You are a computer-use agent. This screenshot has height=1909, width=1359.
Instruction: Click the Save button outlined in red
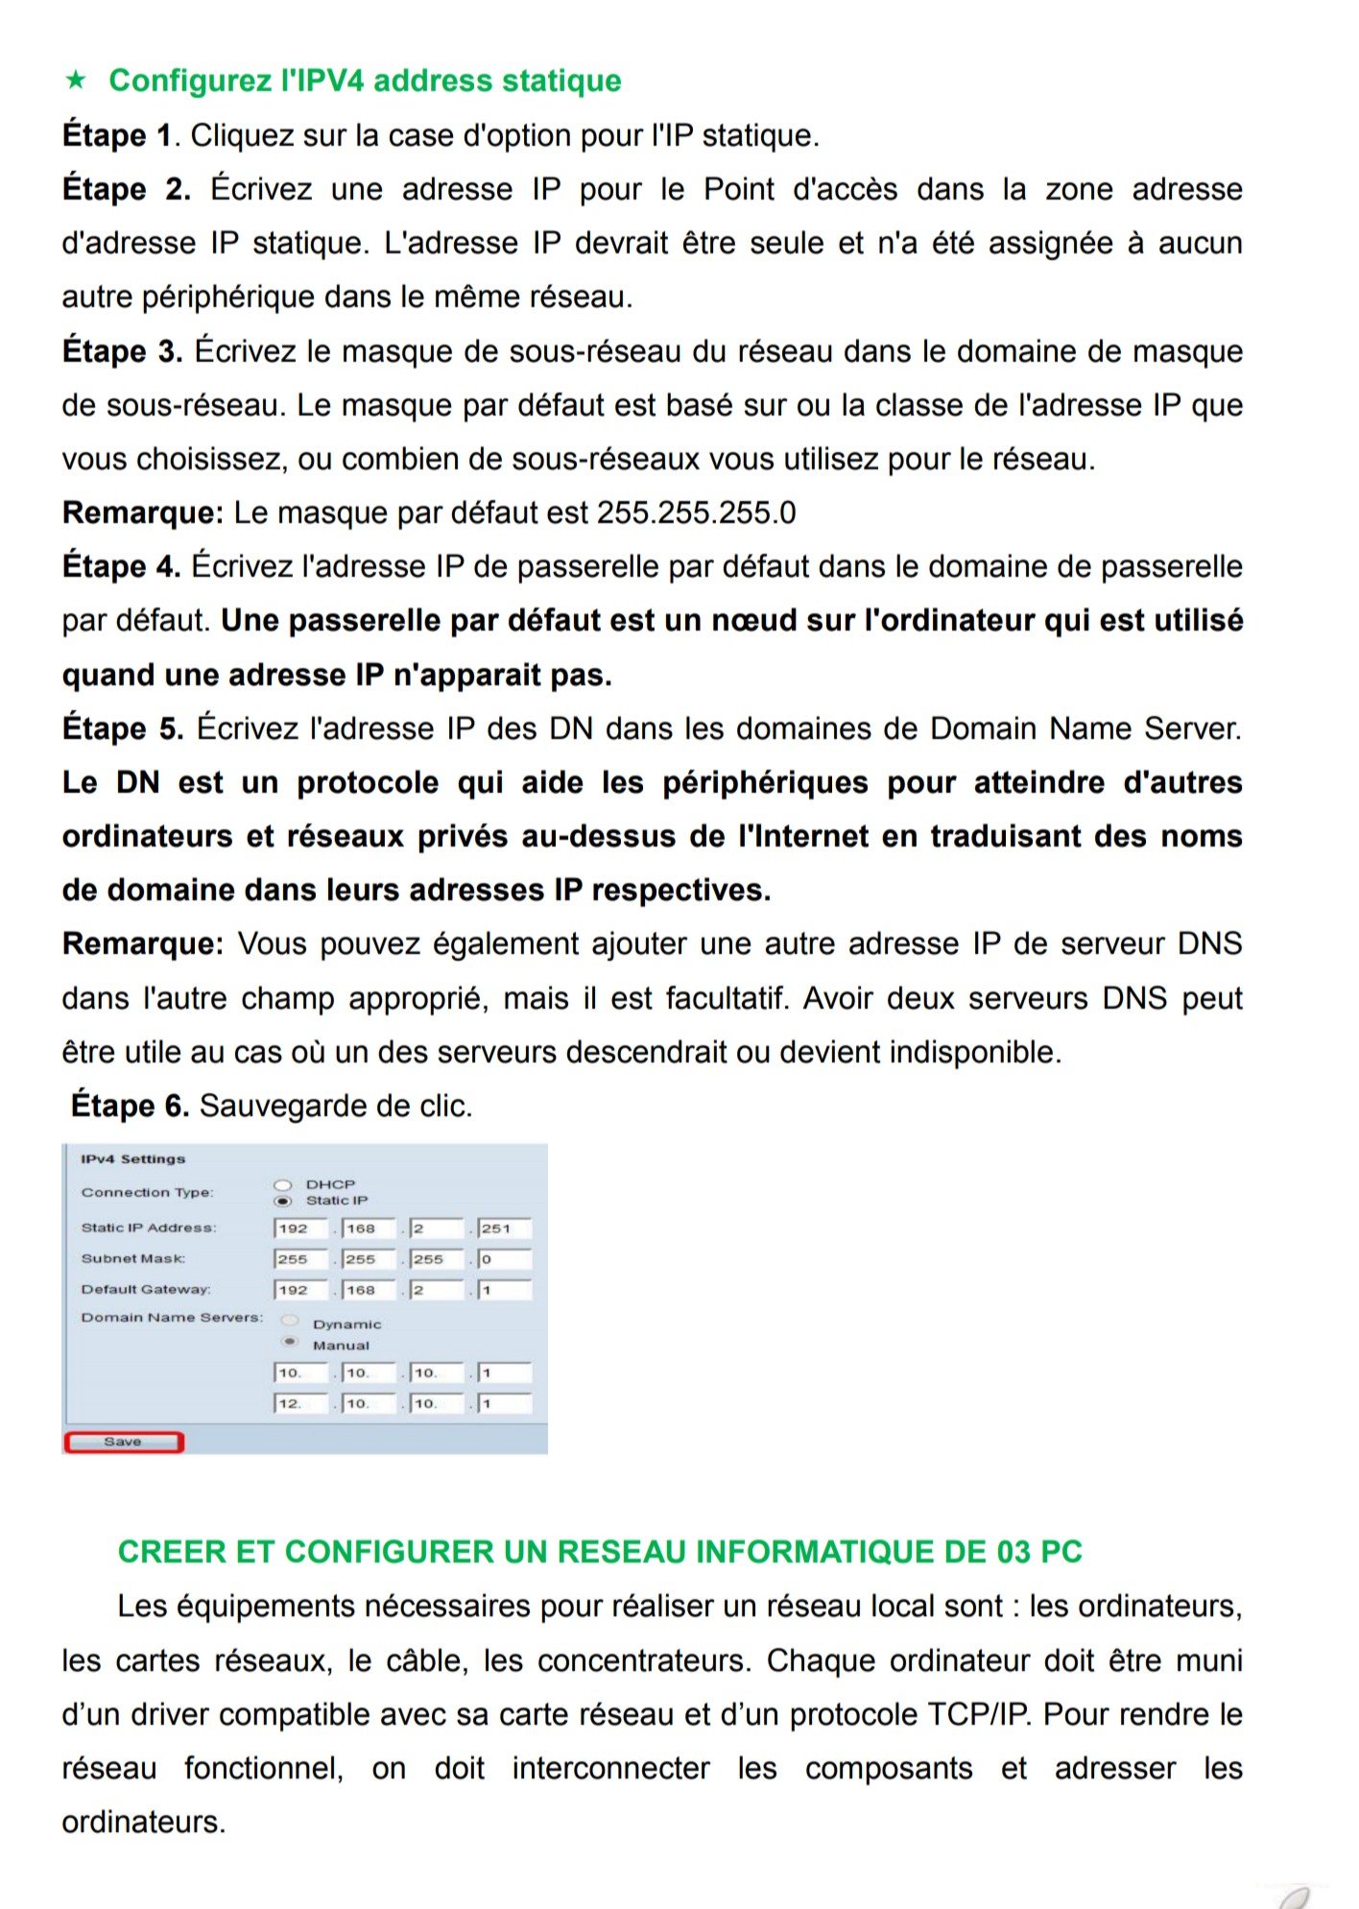point(123,1442)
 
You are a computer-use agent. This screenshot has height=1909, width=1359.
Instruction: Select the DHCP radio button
point(283,1185)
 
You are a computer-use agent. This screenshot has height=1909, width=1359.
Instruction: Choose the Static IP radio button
point(283,1201)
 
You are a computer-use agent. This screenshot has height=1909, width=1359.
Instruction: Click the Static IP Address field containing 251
point(504,1229)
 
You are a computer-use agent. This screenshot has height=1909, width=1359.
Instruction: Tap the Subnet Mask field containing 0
point(504,1259)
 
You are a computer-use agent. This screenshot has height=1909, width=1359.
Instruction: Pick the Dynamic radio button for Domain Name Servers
point(290,1322)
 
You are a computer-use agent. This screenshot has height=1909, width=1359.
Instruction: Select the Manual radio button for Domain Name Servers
point(290,1343)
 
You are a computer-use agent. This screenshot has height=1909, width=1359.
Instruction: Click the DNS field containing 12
point(300,1403)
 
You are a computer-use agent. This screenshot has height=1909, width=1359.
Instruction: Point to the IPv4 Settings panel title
point(132,1159)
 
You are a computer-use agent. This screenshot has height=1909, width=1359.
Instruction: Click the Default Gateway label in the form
point(145,1289)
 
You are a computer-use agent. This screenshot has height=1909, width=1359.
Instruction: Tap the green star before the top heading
point(76,80)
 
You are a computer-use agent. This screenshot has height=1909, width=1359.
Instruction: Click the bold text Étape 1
point(116,135)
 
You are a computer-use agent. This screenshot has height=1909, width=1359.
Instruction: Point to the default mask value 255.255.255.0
point(696,513)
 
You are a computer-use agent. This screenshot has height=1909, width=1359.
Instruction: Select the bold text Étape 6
point(130,1106)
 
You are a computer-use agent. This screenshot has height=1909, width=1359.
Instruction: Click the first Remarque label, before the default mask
point(142,513)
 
